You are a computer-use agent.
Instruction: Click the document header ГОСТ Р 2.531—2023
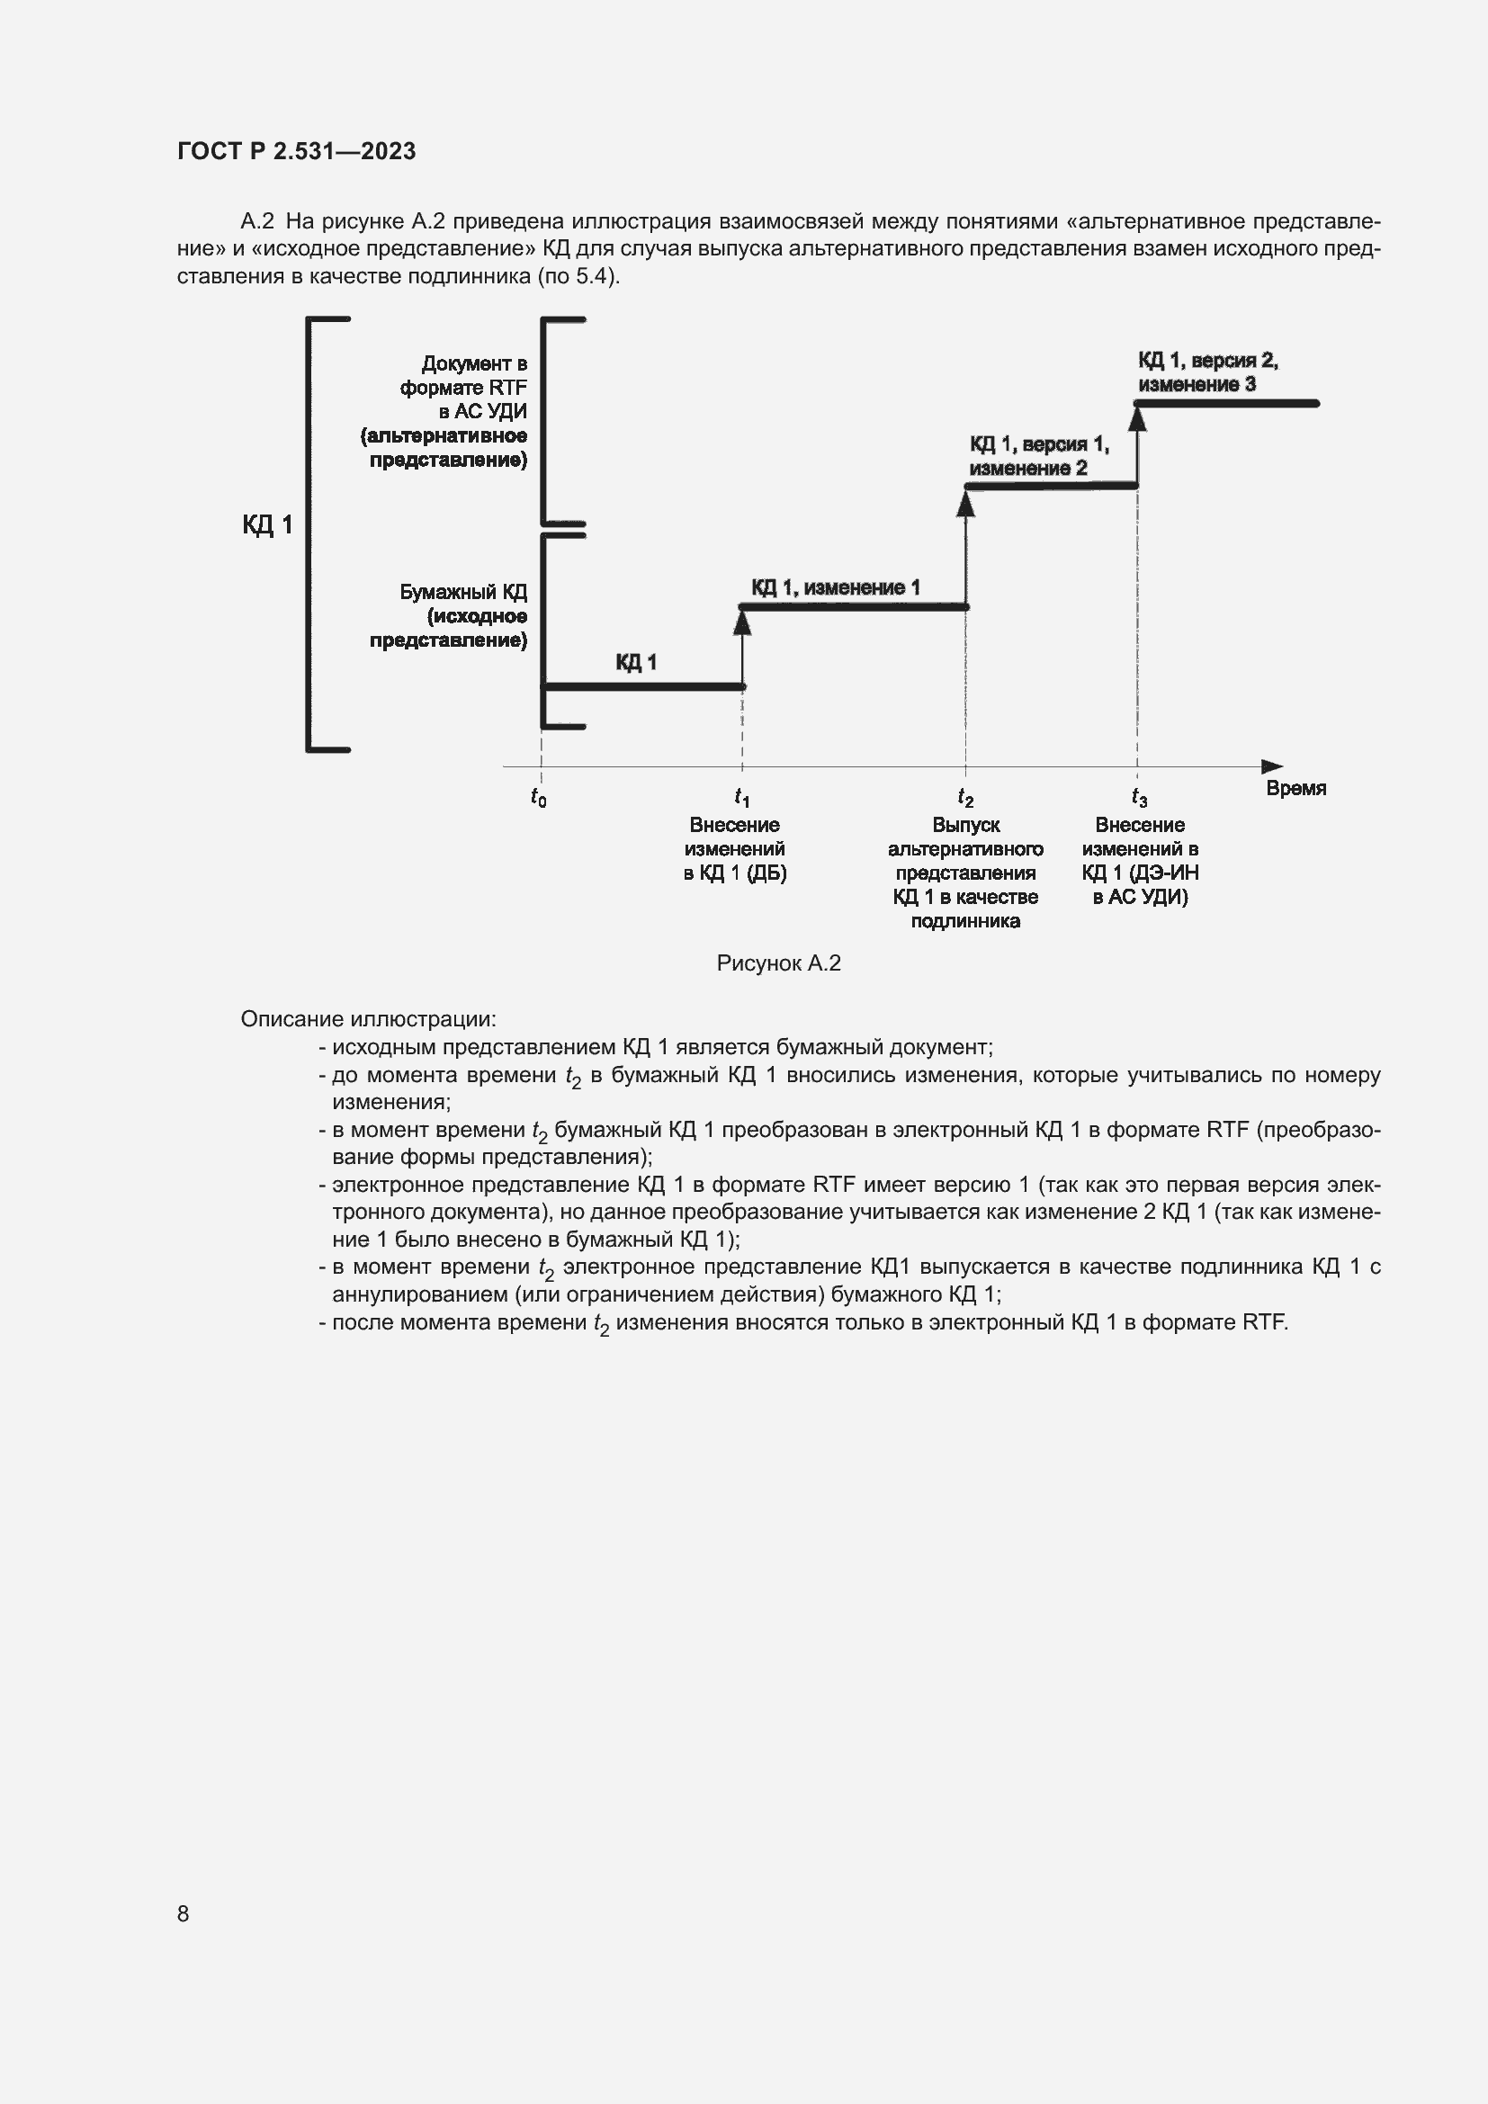(296, 151)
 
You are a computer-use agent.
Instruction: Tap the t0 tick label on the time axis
(539, 797)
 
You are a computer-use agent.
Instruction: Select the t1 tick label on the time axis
(741, 797)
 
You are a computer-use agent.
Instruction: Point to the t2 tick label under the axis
(964, 797)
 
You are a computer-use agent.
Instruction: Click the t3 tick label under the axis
(1138, 797)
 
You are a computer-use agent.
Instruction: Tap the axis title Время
(1295, 788)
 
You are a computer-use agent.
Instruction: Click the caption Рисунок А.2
(778, 963)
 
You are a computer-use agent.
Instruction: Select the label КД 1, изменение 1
(835, 587)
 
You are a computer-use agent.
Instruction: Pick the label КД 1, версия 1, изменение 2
(1038, 456)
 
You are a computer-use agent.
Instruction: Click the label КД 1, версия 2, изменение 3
(1206, 372)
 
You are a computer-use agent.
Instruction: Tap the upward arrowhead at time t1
(742, 622)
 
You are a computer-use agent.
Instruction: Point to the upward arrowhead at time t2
(965, 503)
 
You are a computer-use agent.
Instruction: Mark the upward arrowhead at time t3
(1137, 418)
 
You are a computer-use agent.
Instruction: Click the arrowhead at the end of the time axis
(1272, 766)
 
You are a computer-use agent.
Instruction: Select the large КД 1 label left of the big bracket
(266, 525)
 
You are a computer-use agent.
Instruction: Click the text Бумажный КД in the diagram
(462, 592)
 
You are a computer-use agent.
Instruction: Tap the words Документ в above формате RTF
(474, 363)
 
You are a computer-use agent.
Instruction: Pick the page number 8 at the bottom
(184, 1913)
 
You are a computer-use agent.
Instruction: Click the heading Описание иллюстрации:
(368, 1019)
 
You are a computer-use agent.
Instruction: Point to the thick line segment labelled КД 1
(641, 686)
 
